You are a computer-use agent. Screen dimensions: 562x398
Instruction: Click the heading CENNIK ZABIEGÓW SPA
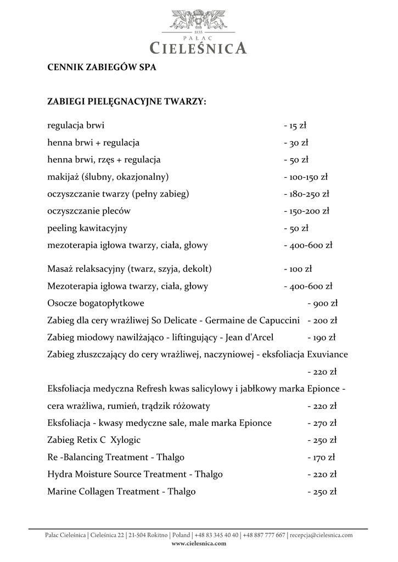coord(102,68)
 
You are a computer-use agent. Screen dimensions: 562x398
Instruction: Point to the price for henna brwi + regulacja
coord(296,143)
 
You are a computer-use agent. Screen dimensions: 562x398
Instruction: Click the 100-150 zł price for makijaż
coord(305,177)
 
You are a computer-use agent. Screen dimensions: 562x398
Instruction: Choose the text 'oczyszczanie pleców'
coord(89,210)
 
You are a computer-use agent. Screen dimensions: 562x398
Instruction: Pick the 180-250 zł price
coord(306,194)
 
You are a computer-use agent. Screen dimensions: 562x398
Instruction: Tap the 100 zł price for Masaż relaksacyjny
coord(298,269)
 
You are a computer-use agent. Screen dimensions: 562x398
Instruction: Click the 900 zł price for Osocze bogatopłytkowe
coord(322,303)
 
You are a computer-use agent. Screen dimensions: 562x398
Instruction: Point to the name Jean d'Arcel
coord(249,337)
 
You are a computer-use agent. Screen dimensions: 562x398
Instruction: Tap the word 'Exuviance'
coord(328,354)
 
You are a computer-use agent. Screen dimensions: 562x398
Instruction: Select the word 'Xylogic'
coord(126,440)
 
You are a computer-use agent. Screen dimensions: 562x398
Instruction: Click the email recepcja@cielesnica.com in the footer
coord(321,535)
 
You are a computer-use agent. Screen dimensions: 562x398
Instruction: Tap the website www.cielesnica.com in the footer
coord(199,543)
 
